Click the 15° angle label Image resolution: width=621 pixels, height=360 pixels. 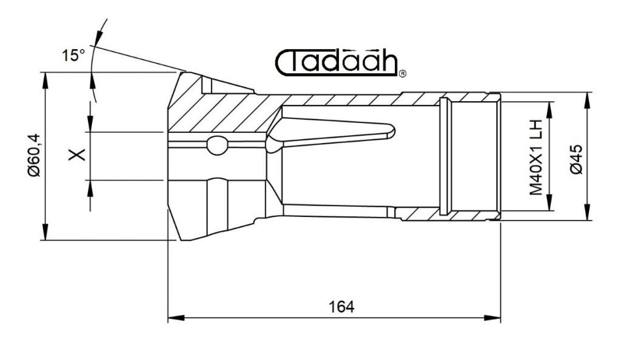73,55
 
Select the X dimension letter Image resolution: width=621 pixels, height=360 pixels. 77,155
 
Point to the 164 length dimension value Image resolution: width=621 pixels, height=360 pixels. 341,307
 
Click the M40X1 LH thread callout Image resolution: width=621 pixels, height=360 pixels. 536,158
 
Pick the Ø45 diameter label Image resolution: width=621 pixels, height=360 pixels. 576,159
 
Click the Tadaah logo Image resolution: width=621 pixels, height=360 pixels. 337,62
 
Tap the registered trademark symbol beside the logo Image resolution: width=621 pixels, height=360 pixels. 402,73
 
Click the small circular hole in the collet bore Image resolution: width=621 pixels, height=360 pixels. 218,145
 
